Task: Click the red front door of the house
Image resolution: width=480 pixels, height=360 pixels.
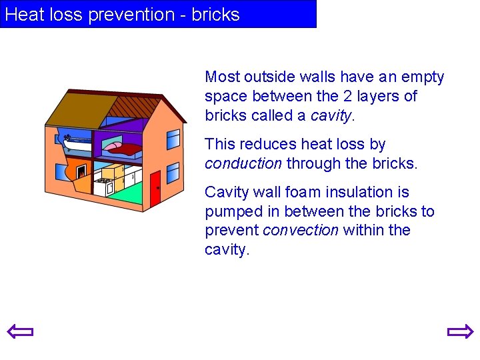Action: tap(155, 188)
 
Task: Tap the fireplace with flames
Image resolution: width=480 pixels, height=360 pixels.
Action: tap(81, 172)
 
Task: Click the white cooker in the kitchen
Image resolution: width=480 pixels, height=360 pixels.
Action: tap(103, 185)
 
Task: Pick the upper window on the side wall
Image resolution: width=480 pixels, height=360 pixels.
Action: tap(173, 139)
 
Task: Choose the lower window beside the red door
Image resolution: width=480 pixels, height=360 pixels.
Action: tap(173, 173)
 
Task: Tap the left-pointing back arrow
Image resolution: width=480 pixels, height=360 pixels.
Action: tap(20, 331)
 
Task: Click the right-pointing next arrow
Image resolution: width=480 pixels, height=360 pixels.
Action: tap(459, 331)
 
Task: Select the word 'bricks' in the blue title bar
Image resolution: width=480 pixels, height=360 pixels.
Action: tap(215, 15)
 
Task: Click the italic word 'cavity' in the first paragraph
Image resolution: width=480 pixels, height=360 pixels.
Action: tap(330, 115)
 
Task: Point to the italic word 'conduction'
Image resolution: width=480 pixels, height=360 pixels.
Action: tap(243, 163)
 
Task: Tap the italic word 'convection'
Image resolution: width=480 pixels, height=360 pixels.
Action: tap(301, 231)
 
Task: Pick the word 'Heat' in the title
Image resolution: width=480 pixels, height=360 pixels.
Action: tap(24, 15)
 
